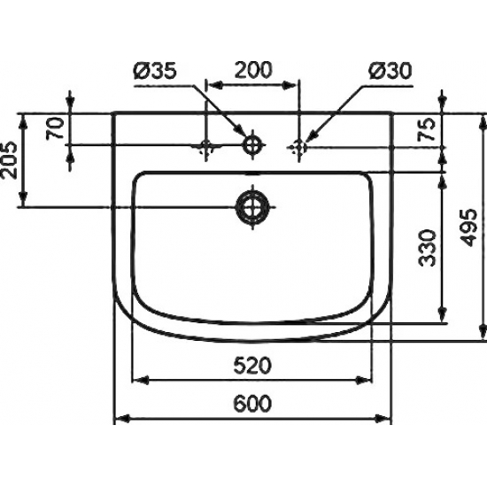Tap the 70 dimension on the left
click(x=56, y=128)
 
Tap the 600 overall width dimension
click(x=252, y=403)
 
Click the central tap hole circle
click(x=252, y=143)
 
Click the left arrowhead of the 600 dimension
click(x=121, y=417)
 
